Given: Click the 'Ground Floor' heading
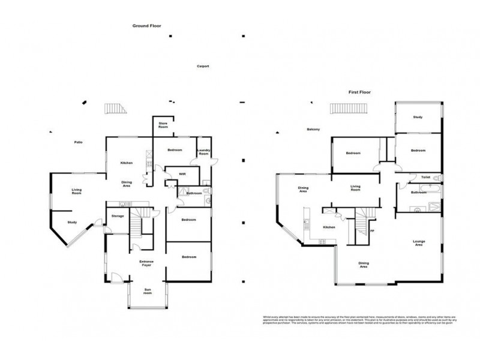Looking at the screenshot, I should (147, 26).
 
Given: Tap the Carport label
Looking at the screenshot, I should (203, 67).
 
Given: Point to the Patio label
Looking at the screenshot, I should (78, 142).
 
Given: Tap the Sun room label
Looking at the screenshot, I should (148, 292).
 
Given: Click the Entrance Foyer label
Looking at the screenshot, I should (147, 263).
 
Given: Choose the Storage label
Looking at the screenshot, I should (118, 215).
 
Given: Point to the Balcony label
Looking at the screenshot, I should (313, 130).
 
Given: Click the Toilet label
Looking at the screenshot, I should (425, 178).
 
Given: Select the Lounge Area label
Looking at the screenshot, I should (419, 243).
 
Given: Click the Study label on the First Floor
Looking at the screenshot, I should (418, 118).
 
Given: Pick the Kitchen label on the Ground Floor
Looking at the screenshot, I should (127, 163).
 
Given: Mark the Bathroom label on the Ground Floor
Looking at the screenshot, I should (194, 193).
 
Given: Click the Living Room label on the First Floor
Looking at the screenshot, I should (356, 188).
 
